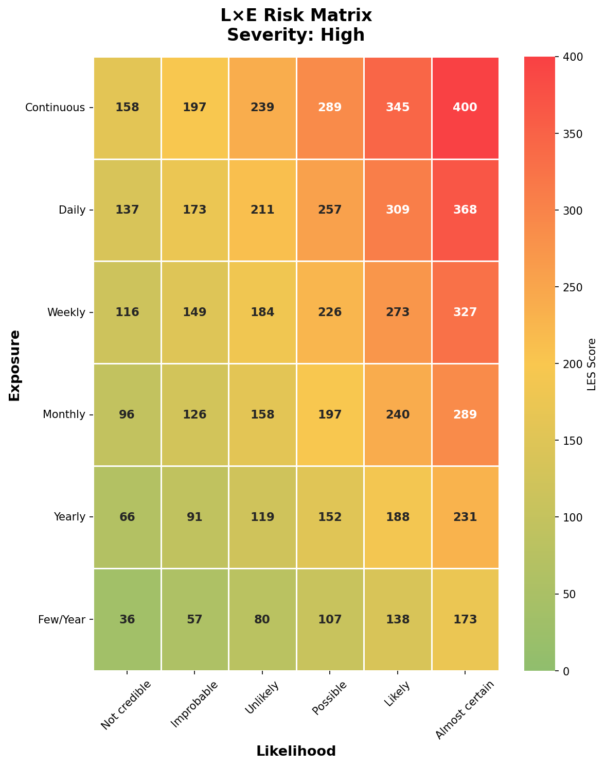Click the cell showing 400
pyautogui.click(x=465, y=108)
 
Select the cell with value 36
pyautogui.click(x=127, y=619)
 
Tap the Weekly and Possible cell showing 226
pyautogui.click(x=330, y=312)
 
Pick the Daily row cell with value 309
pyautogui.click(x=397, y=210)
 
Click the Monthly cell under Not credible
pyautogui.click(x=127, y=414)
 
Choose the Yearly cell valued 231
pyautogui.click(x=465, y=517)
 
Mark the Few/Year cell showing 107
pyautogui.click(x=330, y=619)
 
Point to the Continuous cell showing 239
pyautogui.click(x=262, y=108)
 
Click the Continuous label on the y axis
pyautogui.click(x=55, y=108)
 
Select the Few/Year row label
pyautogui.click(x=62, y=619)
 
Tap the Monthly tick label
pyautogui.click(x=64, y=414)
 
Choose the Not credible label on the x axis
pyautogui.click(x=127, y=705)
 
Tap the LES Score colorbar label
pyautogui.click(x=592, y=364)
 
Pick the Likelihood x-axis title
pyautogui.click(x=296, y=751)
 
